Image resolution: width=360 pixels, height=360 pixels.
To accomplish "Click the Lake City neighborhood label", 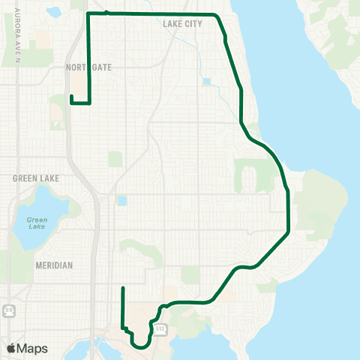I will pos(182,24).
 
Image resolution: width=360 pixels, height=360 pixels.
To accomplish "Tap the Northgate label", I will pos(88,67).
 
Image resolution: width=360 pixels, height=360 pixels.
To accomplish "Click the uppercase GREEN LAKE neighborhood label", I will pos(35,178).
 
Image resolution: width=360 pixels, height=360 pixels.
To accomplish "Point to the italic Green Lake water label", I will pos(37,223).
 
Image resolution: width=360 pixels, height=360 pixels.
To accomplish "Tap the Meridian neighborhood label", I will pos(53,265).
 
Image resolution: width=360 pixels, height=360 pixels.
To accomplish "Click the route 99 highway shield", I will pos(7,310).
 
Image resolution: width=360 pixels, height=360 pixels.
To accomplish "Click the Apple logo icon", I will pos(12,348).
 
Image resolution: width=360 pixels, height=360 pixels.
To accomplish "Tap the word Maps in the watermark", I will pos(32,348).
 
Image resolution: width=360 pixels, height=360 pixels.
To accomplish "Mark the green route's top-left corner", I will pos(88,13).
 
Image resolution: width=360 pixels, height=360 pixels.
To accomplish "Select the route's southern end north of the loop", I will pos(122,288).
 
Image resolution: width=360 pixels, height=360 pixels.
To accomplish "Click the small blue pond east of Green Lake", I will pos(121,201).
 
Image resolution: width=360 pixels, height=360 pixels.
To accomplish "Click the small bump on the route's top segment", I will pos(107,12).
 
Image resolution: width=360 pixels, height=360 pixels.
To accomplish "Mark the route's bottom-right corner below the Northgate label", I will pos(90,104).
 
